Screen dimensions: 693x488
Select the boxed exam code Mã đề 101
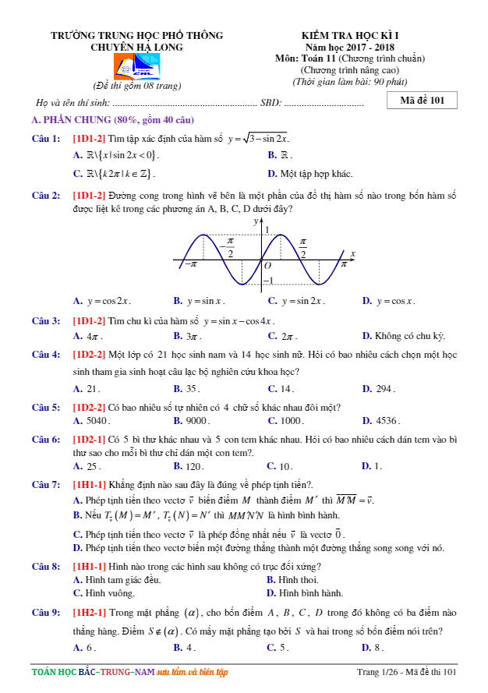422,101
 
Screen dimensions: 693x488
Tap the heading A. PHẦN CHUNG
112,119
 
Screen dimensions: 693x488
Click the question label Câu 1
46,138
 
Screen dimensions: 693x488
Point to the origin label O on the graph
267,265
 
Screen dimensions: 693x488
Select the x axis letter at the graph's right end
352,253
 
